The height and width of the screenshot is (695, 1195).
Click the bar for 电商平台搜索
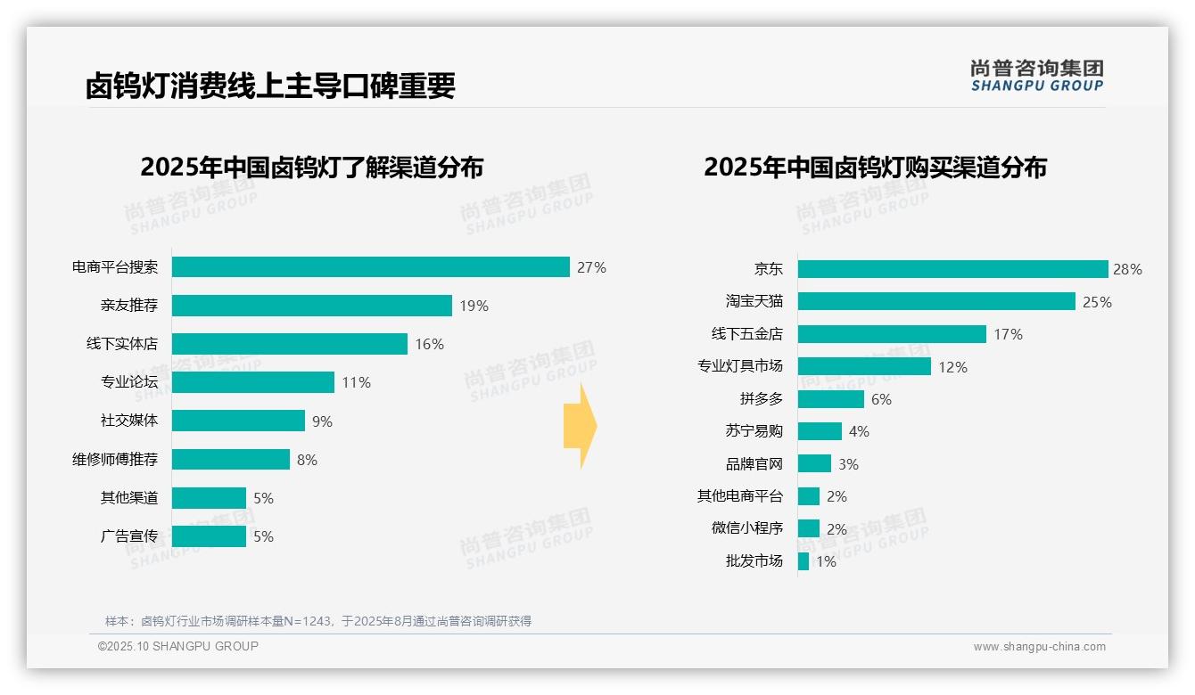[370, 267]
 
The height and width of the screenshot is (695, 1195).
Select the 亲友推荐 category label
[129, 306]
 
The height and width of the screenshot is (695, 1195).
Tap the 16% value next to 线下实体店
[429, 344]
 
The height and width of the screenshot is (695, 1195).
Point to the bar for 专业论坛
[253, 382]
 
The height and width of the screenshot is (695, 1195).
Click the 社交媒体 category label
[129, 421]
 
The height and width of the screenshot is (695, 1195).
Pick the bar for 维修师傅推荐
[231, 459]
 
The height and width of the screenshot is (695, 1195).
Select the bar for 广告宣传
[209, 536]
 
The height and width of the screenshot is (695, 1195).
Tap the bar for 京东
[952, 269]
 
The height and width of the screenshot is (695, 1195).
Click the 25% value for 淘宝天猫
[1097, 302]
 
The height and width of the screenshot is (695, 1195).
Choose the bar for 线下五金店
[892, 334]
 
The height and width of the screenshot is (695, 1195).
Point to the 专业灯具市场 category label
[740, 366]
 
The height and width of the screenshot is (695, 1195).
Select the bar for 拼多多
[831, 399]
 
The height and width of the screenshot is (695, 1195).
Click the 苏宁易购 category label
[754, 431]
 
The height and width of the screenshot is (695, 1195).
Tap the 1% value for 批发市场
[826, 561]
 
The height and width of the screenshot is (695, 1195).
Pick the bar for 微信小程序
[809, 528]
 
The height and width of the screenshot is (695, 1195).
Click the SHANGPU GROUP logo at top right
[1036, 76]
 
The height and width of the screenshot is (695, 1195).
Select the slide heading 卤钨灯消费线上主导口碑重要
[270, 86]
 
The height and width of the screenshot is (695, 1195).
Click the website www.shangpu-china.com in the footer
[1039, 647]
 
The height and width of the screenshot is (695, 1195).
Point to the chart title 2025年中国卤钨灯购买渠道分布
[875, 167]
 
